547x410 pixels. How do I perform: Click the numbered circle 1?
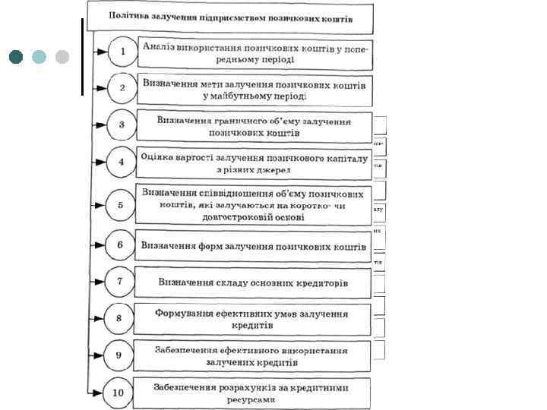[121, 52]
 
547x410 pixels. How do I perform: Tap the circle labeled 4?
[121, 162]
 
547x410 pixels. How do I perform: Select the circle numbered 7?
[119, 282]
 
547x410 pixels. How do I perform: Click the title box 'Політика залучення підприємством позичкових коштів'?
[231, 15]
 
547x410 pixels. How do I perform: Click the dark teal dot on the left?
[17, 57]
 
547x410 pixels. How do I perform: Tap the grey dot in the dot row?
[62, 57]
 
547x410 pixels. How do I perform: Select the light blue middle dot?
[40, 57]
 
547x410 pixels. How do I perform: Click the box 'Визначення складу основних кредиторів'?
[253, 282]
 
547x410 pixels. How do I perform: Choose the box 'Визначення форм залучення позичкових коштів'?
[253, 245]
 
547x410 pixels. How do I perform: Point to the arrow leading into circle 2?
[100, 88]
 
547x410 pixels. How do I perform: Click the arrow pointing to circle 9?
[98, 355]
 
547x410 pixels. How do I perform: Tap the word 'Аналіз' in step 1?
[159, 47]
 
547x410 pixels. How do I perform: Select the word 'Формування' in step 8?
[184, 313]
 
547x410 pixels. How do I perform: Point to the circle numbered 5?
[120, 204]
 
